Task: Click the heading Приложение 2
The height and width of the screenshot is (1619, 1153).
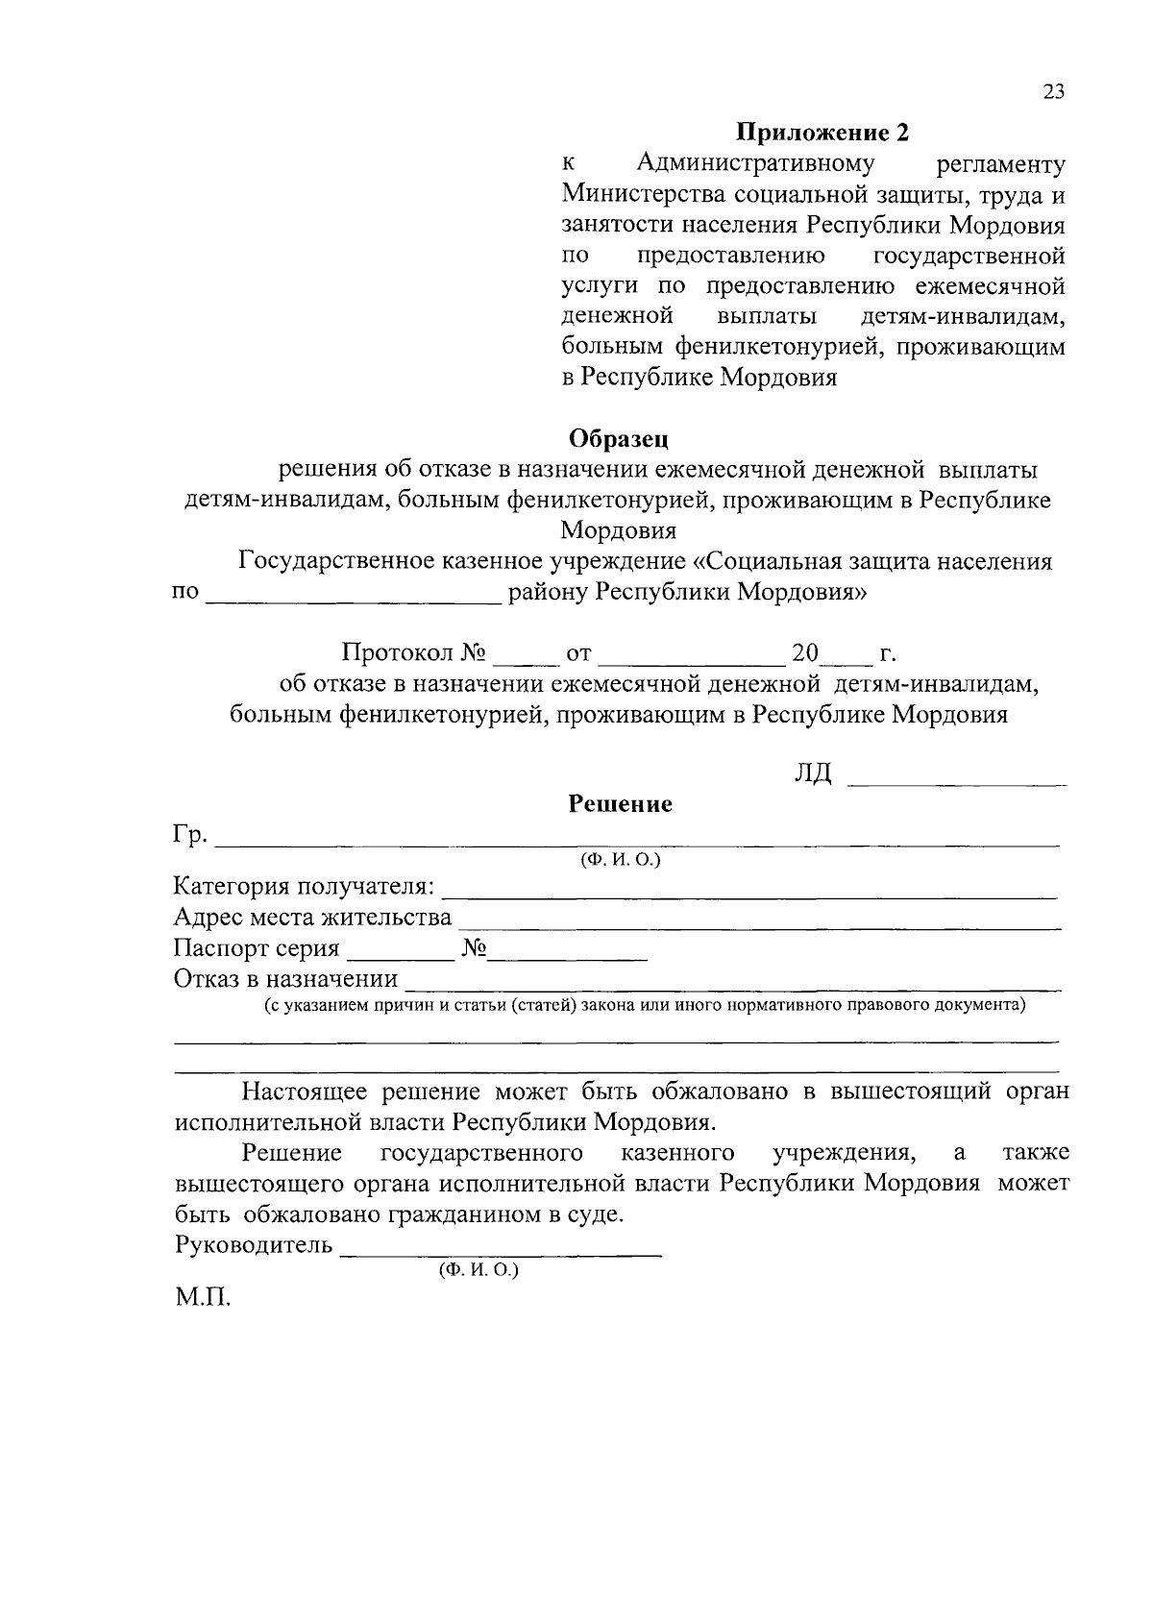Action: click(x=822, y=132)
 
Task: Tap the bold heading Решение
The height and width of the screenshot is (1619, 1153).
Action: click(x=620, y=803)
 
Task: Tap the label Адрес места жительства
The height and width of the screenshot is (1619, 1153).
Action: click(x=312, y=917)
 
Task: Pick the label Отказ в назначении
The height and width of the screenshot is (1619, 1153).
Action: click(x=285, y=979)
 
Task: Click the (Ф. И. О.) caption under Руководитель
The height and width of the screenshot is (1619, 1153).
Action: click(x=478, y=1269)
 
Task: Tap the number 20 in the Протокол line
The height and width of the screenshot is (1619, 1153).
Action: click(x=804, y=654)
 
